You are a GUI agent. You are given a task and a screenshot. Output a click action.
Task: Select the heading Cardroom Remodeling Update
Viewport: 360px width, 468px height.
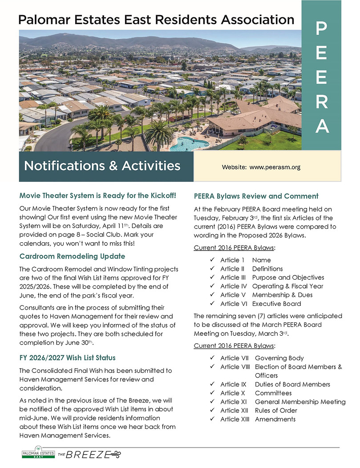(x=72, y=256)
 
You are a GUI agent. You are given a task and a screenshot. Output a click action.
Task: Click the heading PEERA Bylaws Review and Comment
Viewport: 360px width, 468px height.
(x=256, y=196)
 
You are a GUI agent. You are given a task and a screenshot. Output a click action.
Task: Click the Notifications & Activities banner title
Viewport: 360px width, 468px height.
(x=102, y=166)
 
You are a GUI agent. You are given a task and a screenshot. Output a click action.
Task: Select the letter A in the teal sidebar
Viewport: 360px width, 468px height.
(x=322, y=127)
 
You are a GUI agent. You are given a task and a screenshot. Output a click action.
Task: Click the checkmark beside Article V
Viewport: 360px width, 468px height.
(x=212, y=295)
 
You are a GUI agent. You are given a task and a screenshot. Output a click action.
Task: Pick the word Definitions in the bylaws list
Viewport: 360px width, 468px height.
(x=267, y=269)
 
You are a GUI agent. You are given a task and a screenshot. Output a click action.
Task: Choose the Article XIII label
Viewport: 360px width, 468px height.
(x=235, y=419)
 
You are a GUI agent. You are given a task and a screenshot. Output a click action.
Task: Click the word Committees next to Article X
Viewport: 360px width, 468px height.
(x=273, y=393)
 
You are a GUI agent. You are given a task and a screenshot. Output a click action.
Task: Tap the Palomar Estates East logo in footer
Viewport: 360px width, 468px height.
(x=38, y=454)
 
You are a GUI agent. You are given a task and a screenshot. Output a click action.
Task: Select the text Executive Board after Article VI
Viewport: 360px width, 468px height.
(x=276, y=304)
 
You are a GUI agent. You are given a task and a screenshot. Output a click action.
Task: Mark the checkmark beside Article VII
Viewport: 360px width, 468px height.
(x=212, y=358)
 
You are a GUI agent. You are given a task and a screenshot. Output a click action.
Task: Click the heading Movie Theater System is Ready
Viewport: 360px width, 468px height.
(x=98, y=195)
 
